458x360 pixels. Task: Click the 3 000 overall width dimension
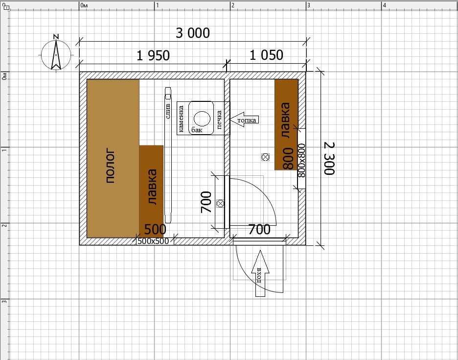point(192,33)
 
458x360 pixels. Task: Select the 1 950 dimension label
point(153,55)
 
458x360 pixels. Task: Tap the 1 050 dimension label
point(266,55)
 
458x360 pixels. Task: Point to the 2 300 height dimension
point(329,158)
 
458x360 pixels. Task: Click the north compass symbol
point(56,53)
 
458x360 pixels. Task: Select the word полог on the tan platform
point(110,166)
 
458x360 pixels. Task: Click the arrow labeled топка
point(245,120)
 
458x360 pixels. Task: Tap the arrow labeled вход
point(260,273)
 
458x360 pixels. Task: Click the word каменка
point(181,119)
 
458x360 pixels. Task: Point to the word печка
point(219,120)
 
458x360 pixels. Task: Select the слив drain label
point(168,111)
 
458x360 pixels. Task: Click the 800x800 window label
point(301,160)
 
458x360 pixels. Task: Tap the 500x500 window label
point(153,241)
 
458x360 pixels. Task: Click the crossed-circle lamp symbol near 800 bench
point(265,157)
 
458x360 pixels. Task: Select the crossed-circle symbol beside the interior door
point(220,203)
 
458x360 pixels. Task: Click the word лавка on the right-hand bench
point(286,120)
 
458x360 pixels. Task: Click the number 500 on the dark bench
point(155,229)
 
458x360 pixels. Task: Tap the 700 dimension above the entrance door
point(259,230)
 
